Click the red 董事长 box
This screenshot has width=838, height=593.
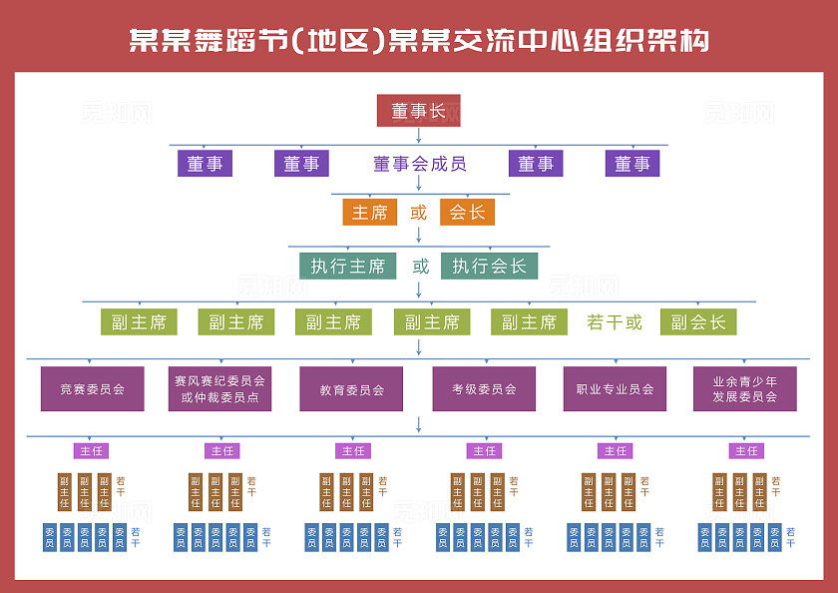point(418,110)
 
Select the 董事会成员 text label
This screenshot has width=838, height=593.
point(419,164)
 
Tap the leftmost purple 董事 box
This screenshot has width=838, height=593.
point(205,164)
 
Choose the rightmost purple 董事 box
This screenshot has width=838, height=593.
point(631,164)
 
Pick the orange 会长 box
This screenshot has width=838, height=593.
point(467,212)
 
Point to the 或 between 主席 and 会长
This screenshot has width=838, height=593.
point(419,212)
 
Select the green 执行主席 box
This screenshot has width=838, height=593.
point(347,266)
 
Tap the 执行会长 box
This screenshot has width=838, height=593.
point(489,266)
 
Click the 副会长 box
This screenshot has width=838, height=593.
point(697,322)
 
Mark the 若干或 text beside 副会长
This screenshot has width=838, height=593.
point(615,322)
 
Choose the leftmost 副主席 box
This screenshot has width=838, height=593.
point(139,322)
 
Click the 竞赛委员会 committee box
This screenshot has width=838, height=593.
point(92,389)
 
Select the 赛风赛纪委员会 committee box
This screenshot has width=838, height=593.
point(219,389)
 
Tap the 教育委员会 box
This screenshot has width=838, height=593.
point(351,389)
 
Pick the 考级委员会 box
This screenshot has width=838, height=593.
point(483,389)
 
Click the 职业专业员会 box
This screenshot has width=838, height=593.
point(615,389)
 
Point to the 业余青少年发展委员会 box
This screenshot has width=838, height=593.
point(745,389)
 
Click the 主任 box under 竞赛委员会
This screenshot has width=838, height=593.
point(91,451)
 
